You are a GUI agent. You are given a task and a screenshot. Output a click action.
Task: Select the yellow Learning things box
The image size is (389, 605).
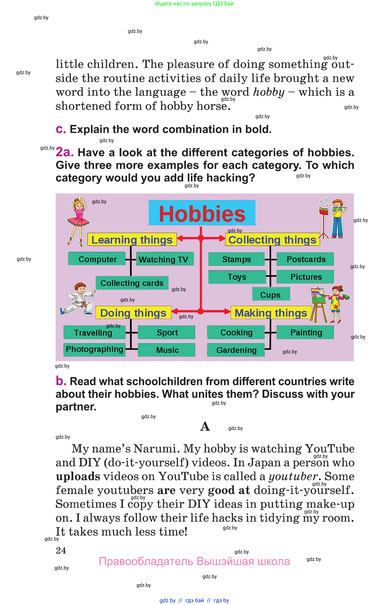132,239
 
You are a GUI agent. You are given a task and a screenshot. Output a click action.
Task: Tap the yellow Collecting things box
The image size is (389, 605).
272,239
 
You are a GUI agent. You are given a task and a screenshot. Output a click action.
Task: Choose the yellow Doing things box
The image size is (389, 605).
133,313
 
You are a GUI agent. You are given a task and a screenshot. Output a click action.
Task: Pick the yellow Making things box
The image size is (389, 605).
271,313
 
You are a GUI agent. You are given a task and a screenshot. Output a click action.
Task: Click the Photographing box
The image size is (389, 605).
95,349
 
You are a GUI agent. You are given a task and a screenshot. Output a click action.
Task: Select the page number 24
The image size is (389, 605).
61,550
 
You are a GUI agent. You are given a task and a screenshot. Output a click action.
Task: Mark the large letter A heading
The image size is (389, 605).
205,426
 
